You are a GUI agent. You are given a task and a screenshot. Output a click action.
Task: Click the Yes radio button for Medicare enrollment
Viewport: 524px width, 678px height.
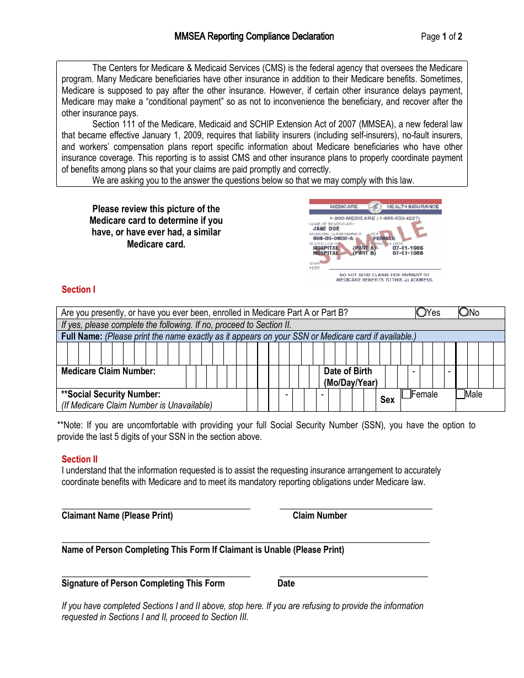pos(421,313)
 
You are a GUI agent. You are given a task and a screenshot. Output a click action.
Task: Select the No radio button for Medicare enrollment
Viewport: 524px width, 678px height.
pos(464,313)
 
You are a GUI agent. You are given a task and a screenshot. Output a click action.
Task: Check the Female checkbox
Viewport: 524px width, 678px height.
pos(407,394)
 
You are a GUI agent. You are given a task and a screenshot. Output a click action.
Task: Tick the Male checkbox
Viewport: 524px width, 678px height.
pos(461,394)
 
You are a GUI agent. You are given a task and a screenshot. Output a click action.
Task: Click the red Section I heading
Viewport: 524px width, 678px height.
pos(78,289)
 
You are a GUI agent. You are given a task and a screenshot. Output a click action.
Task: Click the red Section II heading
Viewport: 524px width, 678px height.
pos(79,459)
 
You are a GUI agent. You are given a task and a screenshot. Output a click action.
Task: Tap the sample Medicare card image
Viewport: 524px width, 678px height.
pos(375,240)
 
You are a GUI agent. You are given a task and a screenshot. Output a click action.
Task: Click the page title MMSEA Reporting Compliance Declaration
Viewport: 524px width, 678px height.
pos(254,36)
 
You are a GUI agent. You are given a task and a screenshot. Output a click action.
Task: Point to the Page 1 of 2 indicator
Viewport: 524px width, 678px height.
pos(441,37)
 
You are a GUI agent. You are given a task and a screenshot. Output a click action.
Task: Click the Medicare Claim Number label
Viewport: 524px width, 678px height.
pos(108,371)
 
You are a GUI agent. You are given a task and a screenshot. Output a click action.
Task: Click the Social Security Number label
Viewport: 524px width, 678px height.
pos(110,394)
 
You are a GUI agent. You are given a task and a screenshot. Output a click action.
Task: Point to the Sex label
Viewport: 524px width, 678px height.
pos(387,400)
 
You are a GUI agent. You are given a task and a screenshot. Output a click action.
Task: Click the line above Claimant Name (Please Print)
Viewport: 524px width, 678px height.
pos(156,508)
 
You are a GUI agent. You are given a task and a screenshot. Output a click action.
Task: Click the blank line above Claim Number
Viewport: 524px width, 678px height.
pos(355,508)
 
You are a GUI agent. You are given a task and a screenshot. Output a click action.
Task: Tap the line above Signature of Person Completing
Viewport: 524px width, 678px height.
pos(156,576)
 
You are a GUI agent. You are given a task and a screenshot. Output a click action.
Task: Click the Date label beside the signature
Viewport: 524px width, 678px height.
pos(286,583)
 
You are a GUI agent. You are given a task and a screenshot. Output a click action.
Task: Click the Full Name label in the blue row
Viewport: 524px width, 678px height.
pos(82,336)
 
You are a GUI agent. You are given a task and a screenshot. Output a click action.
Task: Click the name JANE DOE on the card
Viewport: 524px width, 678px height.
pos(327,228)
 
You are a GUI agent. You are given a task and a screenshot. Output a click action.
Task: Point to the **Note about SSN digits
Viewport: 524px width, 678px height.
pos(266,431)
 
